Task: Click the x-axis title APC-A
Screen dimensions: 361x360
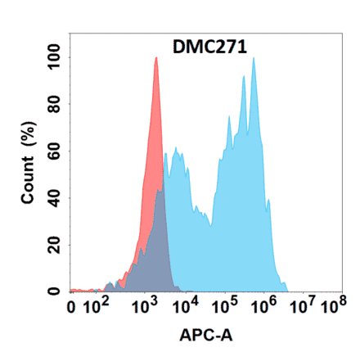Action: (x=202, y=336)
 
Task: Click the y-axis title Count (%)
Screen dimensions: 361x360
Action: (x=28, y=163)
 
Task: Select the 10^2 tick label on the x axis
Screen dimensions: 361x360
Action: (x=100, y=308)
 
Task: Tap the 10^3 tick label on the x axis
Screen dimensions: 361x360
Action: (x=146, y=308)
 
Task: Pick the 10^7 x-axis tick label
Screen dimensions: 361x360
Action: (x=300, y=308)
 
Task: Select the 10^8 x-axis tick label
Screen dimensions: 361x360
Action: (x=330, y=308)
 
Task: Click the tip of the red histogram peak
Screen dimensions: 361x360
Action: (x=155, y=58)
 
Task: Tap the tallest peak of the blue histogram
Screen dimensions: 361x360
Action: (x=254, y=58)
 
